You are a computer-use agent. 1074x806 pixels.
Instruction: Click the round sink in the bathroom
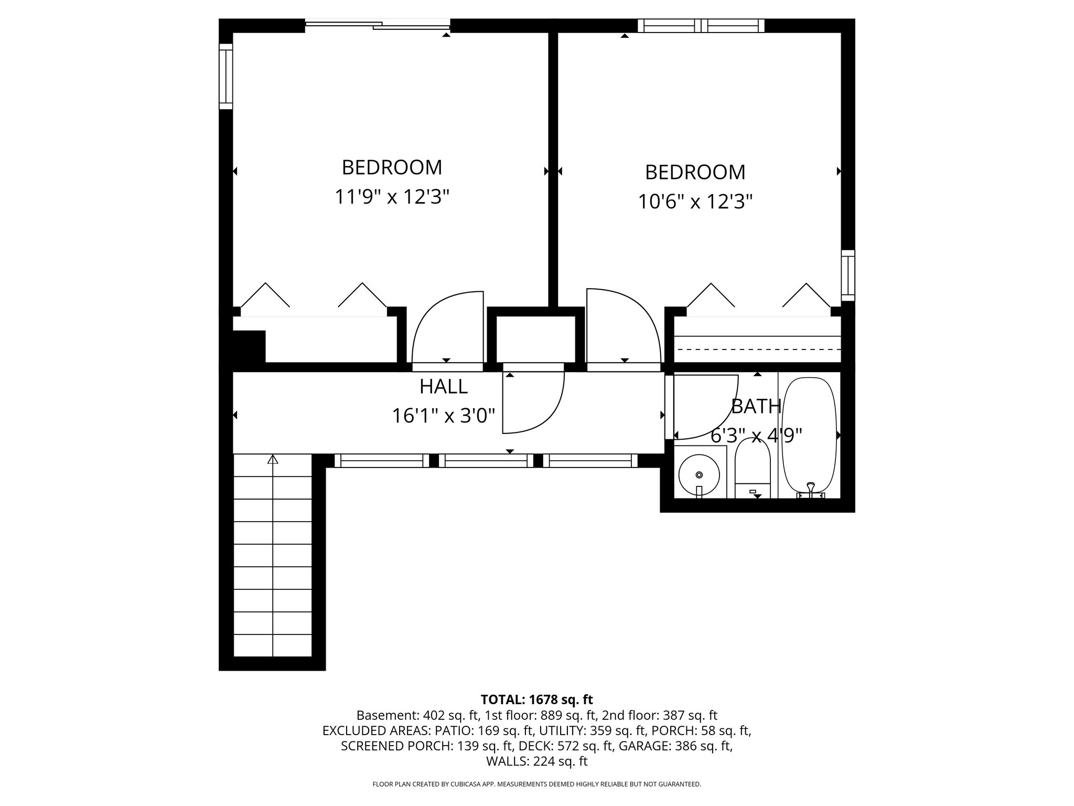[699, 474]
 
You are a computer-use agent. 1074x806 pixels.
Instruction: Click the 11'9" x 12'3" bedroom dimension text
[392, 197]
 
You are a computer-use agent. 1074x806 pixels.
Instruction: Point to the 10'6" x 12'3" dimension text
[695, 201]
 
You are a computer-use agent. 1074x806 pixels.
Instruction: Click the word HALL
[443, 387]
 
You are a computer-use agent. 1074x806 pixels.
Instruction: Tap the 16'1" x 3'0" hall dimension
[443, 416]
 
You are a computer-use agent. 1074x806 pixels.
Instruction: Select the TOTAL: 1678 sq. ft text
[536, 699]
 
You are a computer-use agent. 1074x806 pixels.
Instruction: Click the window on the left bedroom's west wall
[225, 77]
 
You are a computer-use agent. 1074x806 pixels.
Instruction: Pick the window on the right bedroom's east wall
[847, 275]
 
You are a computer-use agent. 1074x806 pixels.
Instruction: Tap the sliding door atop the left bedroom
[378, 24]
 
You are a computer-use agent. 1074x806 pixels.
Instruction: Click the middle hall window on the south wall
[486, 461]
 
